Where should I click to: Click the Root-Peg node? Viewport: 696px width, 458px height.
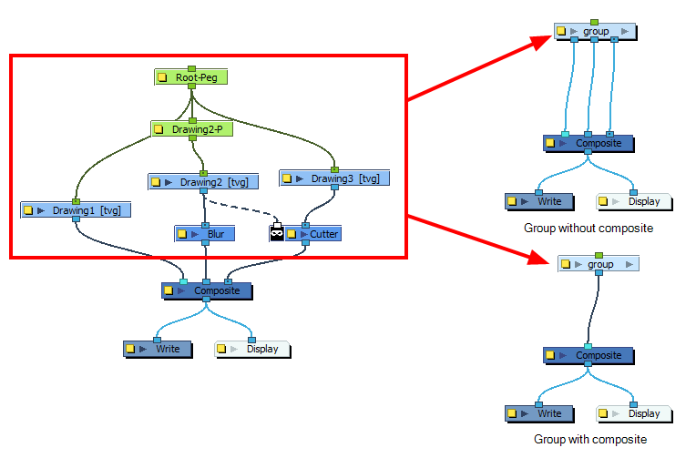[190, 77]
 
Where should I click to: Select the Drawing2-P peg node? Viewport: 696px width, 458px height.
[192, 129]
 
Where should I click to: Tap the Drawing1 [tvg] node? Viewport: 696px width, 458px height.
[76, 210]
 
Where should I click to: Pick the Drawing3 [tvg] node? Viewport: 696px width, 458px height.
[334, 178]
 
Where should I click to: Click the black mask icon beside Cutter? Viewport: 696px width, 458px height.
[277, 234]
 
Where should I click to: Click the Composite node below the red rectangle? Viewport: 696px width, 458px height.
[207, 290]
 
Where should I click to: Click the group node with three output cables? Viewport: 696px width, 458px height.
[595, 32]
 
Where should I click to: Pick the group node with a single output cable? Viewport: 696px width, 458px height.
[599, 264]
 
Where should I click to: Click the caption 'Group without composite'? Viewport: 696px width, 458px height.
[589, 228]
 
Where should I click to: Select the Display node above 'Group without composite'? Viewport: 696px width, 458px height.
[634, 201]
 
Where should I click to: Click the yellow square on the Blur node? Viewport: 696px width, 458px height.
[182, 234]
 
